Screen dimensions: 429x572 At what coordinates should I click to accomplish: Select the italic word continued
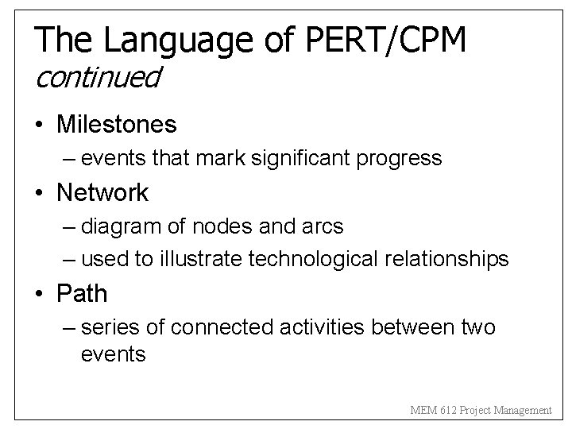point(98,78)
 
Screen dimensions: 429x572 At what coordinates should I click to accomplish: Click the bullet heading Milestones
point(117,124)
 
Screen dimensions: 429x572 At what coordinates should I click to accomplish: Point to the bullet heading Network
point(102,192)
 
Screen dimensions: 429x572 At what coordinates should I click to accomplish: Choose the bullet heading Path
point(82,294)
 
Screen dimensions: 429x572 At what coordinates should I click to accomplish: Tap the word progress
point(401,158)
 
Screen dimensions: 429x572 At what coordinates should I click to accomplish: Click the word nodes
point(226,226)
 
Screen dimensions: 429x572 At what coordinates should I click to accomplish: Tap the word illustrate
point(207,259)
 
